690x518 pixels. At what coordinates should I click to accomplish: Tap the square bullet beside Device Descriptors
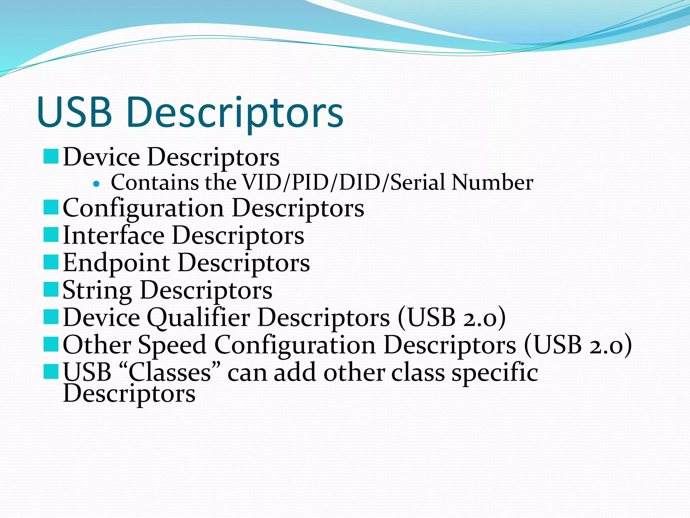(x=51, y=157)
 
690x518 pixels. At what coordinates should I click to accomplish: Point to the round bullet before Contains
(x=97, y=184)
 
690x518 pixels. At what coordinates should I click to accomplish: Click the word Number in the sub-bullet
(x=492, y=182)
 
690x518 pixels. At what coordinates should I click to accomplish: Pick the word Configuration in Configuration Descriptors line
(x=143, y=208)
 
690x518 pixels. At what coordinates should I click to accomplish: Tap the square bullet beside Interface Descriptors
(x=51, y=235)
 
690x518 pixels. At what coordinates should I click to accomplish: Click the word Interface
(x=114, y=235)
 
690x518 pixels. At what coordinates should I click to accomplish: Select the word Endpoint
(x=116, y=263)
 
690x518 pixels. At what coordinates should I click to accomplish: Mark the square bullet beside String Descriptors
(x=51, y=290)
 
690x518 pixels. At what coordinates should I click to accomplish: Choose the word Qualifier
(x=198, y=318)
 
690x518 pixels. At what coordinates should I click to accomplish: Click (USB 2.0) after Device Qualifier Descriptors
(x=451, y=317)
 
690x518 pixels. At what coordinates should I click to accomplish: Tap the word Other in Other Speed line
(x=97, y=345)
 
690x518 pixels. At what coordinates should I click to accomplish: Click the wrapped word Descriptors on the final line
(x=129, y=394)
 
